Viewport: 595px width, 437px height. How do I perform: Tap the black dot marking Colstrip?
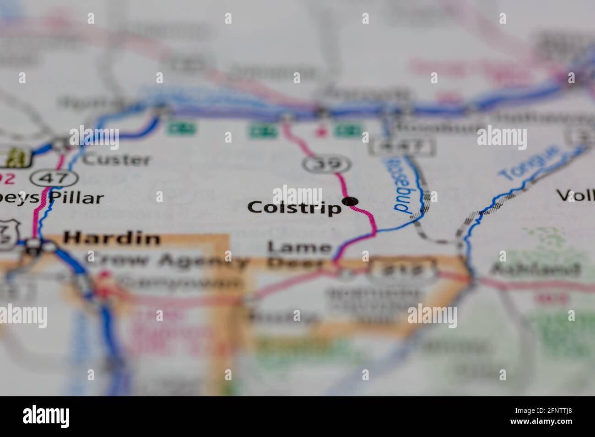click(351, 201)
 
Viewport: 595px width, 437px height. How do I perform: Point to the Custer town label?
click(117, 160)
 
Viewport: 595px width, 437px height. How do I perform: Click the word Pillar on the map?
click(76, 198)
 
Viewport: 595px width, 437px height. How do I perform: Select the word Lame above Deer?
click(300, 247)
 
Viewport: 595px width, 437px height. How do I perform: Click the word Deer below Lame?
click(295, 263)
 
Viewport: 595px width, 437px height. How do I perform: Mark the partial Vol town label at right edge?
click(575, 196)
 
